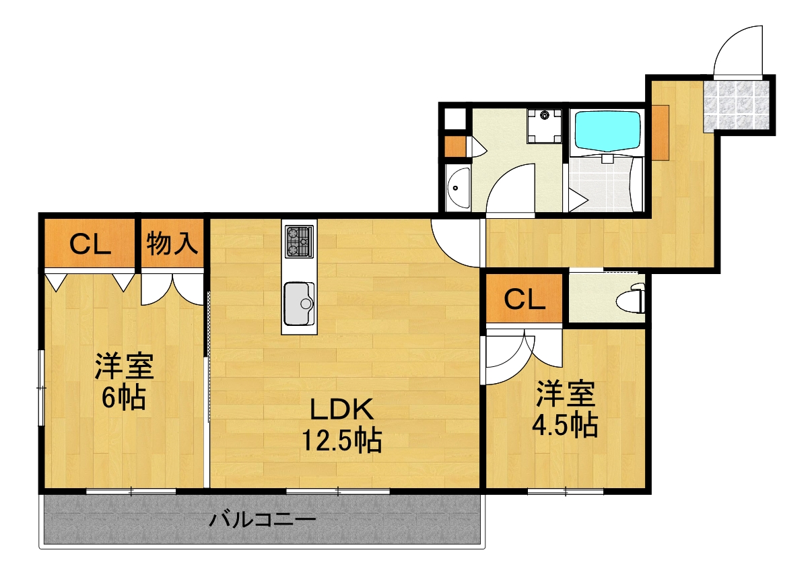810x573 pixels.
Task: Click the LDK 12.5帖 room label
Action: click(x=341, y=425)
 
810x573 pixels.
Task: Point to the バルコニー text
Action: click(x=262, y=520)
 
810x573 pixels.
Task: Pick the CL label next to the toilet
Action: click(x=525, y=300)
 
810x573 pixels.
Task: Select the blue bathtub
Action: click(x=606, y=129)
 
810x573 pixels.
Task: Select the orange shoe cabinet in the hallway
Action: click(x=661, y=132)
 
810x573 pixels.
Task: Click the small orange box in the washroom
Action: click(x=455, y=147)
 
